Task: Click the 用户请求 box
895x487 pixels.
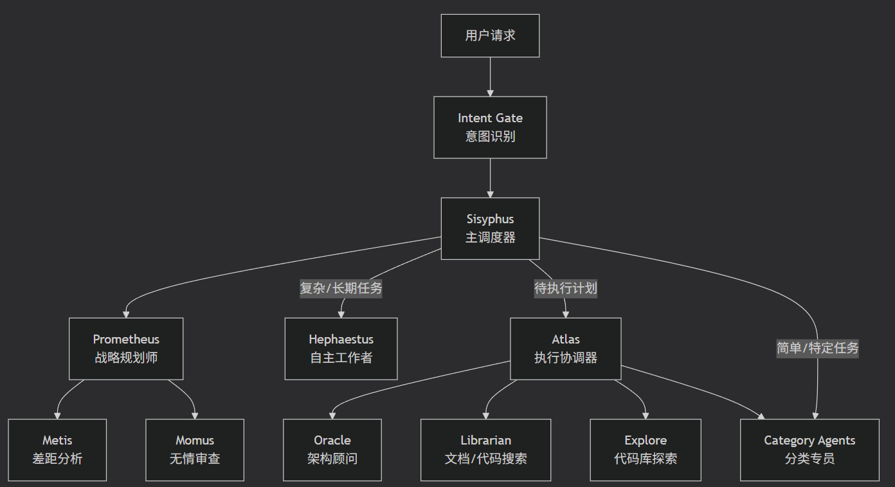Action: click(490, 35)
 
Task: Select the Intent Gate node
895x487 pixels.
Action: click(490, 127)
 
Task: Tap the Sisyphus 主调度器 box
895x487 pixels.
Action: click(490, 228)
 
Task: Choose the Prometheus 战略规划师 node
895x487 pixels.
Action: click(126, 348)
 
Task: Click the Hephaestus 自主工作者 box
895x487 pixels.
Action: click(341, 348)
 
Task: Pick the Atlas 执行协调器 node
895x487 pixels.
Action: click(565, 348)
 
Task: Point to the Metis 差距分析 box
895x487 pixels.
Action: click(57, 450)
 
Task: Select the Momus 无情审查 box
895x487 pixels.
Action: click(195, 450)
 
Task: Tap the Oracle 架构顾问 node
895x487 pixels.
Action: click(332, 450)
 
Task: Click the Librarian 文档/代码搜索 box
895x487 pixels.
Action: click(485, 450)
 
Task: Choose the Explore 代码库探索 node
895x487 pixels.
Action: click(646, 450)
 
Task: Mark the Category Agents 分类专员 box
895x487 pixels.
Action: click(809, 450)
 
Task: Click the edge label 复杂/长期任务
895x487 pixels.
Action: click(341, 288)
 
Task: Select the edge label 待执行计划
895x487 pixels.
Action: click(566, 288)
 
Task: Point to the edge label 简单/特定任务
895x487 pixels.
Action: click(817, 348)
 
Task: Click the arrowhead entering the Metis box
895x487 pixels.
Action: click(58, 415)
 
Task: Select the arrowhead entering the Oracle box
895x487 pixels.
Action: click(332, 415)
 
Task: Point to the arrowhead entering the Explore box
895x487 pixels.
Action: click(645, 415)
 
